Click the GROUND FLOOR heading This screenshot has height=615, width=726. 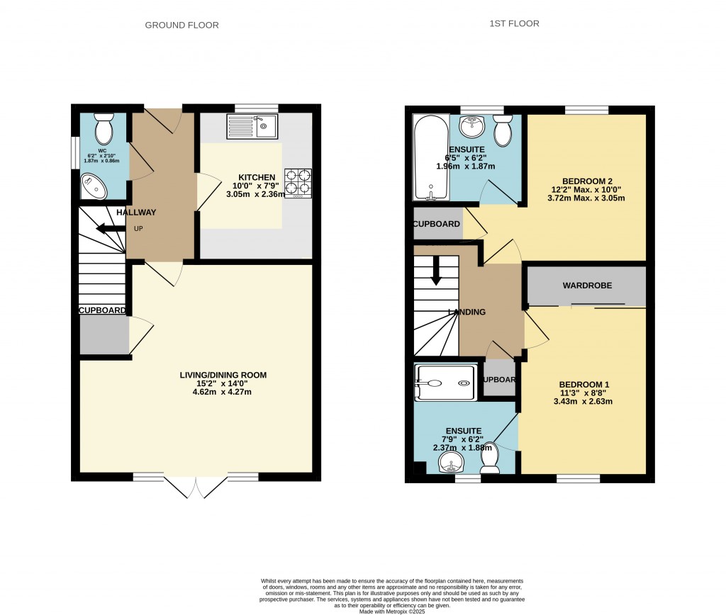[181, 26]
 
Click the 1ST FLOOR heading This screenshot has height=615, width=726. [514, 24]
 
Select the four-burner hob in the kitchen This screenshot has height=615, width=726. [298, 182]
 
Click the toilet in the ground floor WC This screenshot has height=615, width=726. [104, 128]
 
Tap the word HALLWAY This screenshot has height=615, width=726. [136, 213]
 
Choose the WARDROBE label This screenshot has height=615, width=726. [587, 286]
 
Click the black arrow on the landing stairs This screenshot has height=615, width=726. [437, 269]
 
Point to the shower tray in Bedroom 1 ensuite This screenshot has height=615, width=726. [445, 383]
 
